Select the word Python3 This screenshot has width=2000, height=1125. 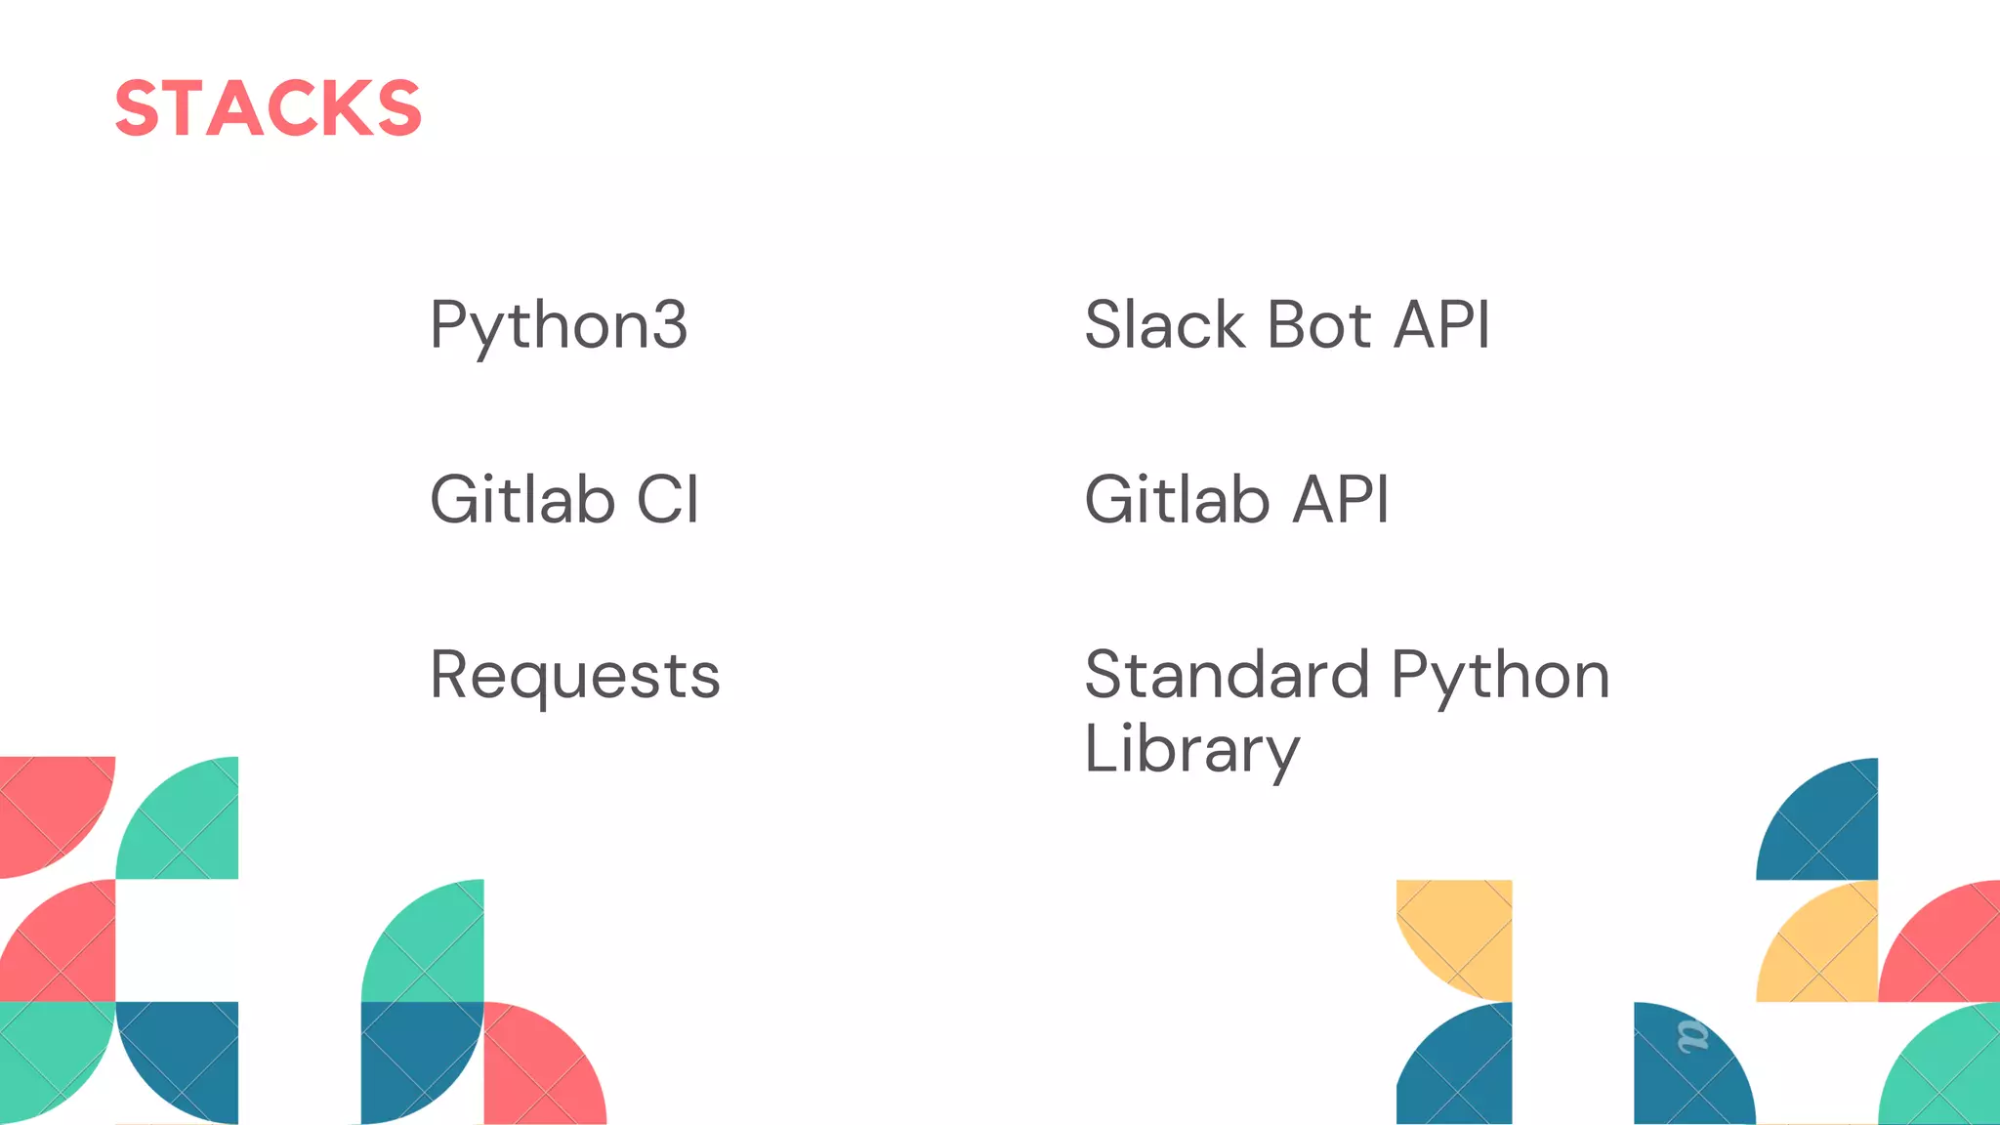coord(559,326)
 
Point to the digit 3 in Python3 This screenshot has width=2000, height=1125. coord(670,324)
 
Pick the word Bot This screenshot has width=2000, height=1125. coord(1319,324)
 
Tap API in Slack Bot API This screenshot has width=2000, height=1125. coord(1441,324)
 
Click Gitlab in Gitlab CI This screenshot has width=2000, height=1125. coord(522,500)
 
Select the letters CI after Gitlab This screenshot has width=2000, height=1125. coord(668,500)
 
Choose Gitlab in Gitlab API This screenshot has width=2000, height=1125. coord(1177,500)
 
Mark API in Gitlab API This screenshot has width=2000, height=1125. coord(1341,500)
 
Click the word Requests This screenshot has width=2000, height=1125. coord(575,676)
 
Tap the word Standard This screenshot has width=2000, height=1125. coord(1227,676)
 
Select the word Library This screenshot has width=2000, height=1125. coord(1191,750)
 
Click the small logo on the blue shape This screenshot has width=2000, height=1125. coord(1692,1036)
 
